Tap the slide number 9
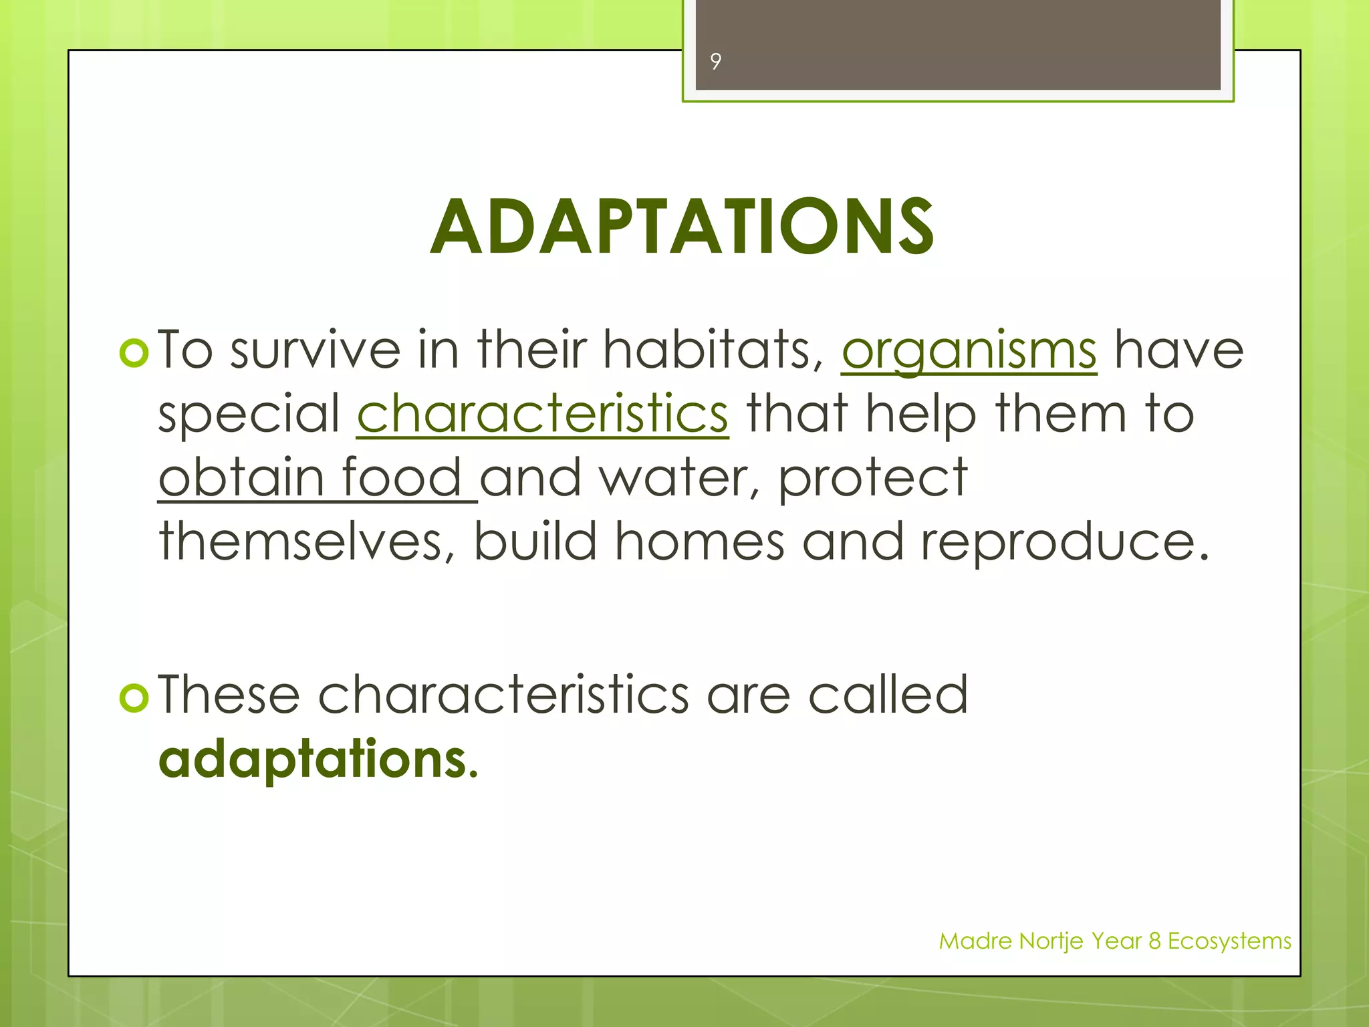pyautogui.click(x=715, y=62)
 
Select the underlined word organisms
pyautogui.click(x=969, y=350)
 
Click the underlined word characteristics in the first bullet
pyautogui.click(x=542, y=414)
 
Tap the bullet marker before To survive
pyautogui.click(x=134, y=353)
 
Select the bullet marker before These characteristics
pyautogui.click(x=134, y=698)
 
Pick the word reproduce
pyautogui.click(x=1065, y=542)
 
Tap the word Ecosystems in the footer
pyautogui.click(x=1229, y=941)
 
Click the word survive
pyautogui.click(x=315, y=350)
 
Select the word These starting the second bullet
pyautogui.click(x=229, y=695)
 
